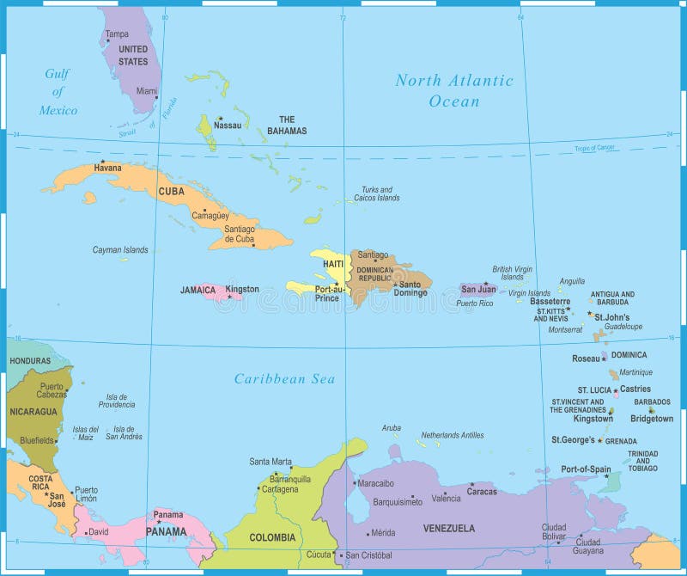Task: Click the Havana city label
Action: click(107, 168)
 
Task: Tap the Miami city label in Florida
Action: click(147, 90)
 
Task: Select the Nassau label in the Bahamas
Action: click(228, 126)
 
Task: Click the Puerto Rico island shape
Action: click(477, 290)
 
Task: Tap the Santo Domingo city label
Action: click(412, 289)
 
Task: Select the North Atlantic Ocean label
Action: click(454, 90)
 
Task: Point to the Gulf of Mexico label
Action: click(58, 92)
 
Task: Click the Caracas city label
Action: click(482, 492)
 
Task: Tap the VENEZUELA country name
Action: click(448, 528)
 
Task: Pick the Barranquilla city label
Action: click(289, 479)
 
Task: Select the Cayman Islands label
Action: click(120, 250)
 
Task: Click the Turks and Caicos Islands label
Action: click(376, 193)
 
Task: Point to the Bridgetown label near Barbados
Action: click(652, 419)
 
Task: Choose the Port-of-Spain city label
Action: click(586, 469)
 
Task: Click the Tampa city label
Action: click(117, 34)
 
